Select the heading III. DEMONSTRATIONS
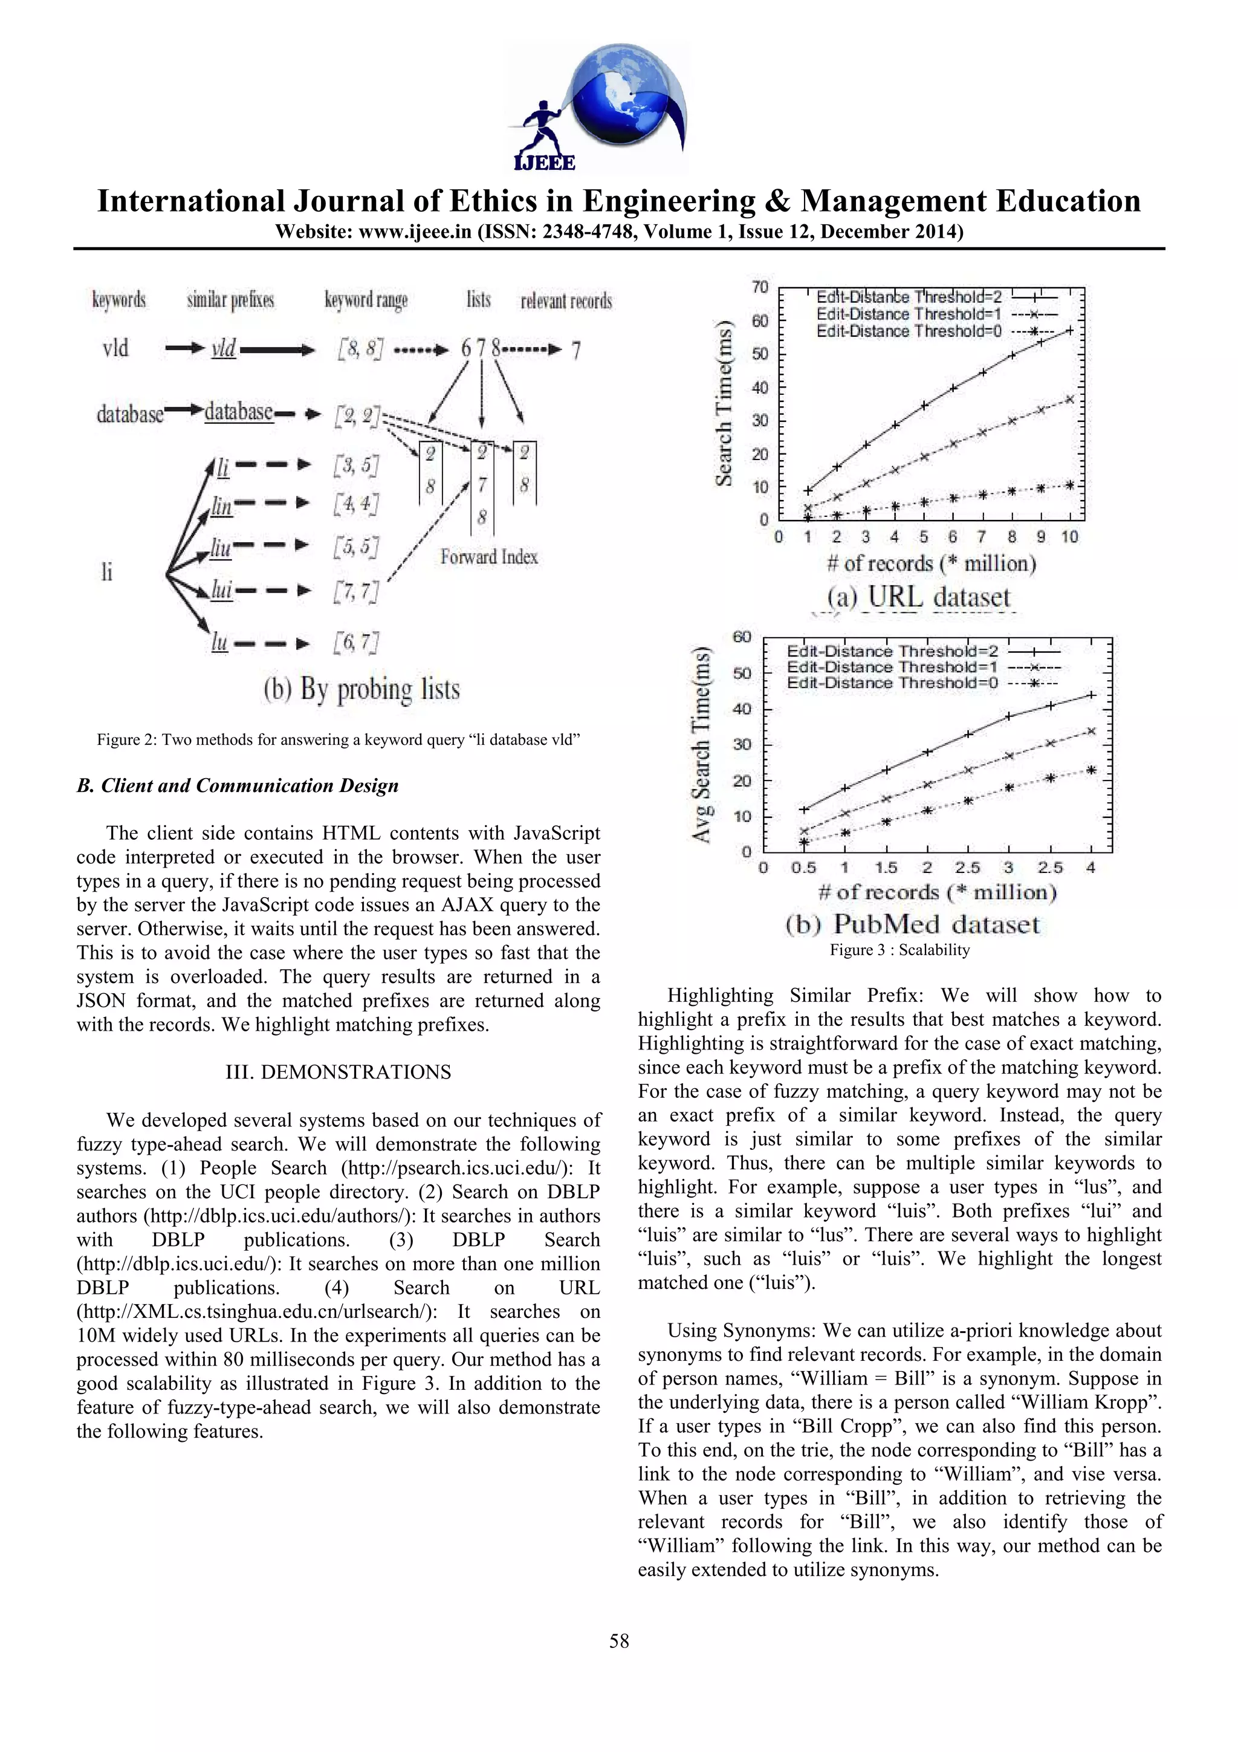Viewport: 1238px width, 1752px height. [x=338, y=1072]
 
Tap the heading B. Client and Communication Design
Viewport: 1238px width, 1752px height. [x=237, y=785]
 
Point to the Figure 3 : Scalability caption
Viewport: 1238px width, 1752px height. [x=899, y=949]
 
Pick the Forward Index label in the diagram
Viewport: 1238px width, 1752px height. [x=489, y=557]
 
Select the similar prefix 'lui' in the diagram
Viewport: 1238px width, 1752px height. [x=221, y=590]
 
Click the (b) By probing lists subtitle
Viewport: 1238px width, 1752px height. [x=361, y=689]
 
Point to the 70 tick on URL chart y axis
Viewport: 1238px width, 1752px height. [x=760, y=287]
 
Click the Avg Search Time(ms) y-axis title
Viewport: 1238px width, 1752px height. [x=701, y=744]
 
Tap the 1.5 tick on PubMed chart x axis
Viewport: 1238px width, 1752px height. [x=886, y=868]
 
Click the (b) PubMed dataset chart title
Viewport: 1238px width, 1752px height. [x=912, y=924]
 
